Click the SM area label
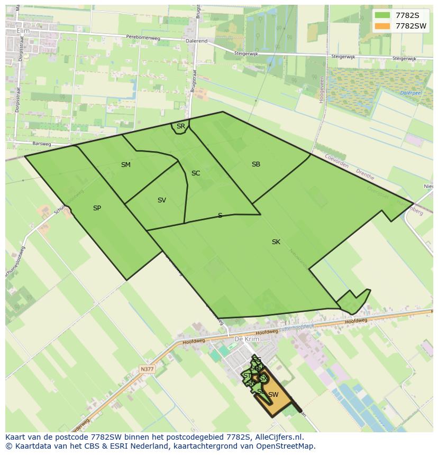(x=125, y=165)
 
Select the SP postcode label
(x=97, y=208)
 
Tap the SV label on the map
(x=162, y=200)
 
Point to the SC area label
(x=196, y=173)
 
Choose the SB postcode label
(x=256, y=164)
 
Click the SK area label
(x=276, y=242)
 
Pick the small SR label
(x=181, y=126)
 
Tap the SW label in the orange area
(x=273, y=395)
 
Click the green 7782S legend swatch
(x=382, y=15)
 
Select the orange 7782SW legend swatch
(x=382, y=26)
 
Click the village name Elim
(x=23, y=31)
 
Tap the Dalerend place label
(x=196, y=41)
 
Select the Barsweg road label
(x=41, y=143)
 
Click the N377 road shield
(x=148, y=369)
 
